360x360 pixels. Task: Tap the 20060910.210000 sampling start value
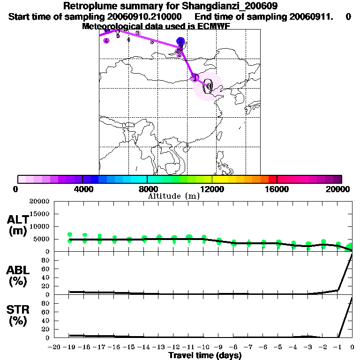tap(145, 16)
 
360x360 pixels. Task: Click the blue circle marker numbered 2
tap(180, 41)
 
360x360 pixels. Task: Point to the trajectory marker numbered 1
tap(195, 78)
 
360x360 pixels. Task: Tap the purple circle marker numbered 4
tap(106, 41)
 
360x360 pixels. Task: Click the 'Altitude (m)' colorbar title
tap(173, 196)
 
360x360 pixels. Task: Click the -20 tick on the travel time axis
tap(54, 347)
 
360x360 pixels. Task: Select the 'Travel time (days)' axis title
tap(205, 355)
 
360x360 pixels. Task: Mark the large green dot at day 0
tap(350, 247)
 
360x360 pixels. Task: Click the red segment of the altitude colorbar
tap(273, 179)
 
